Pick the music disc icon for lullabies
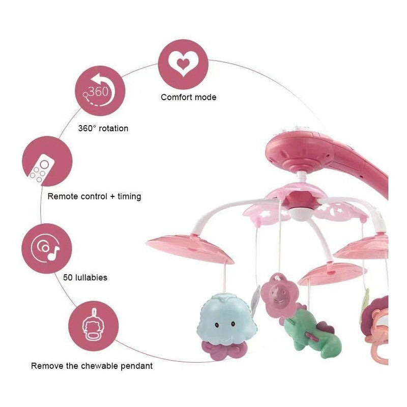46,249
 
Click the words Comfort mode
189,97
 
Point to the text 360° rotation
103,128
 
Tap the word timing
128,196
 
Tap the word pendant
137,365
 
